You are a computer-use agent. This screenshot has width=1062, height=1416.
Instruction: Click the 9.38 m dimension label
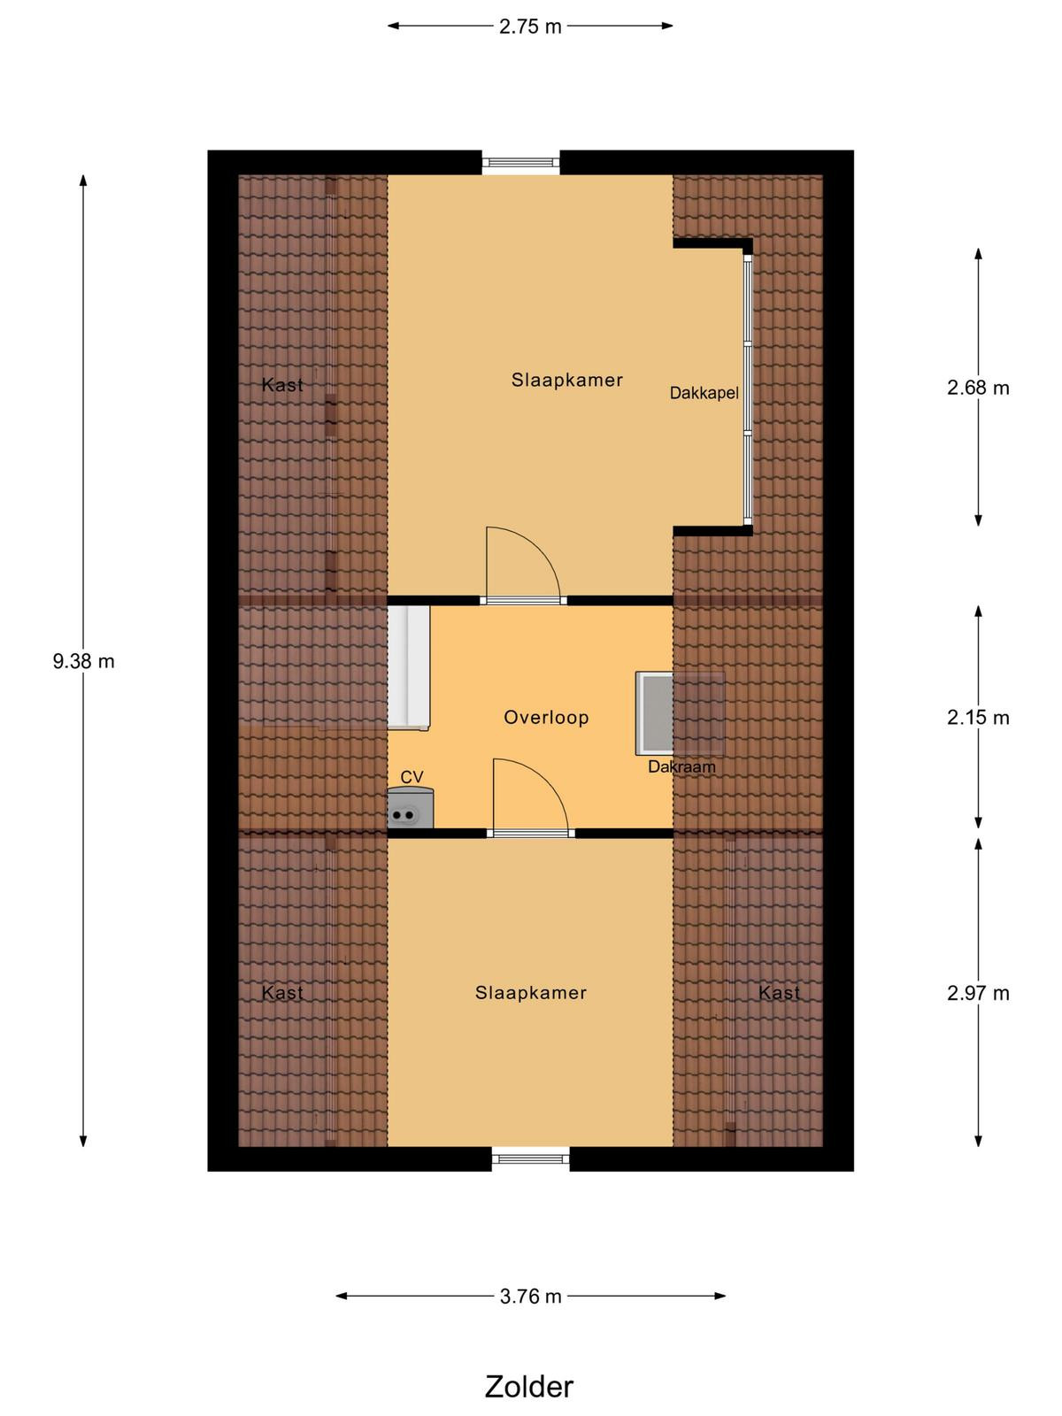point(83,661)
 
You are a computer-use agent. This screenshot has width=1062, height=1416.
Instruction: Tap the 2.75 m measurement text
point(530,27)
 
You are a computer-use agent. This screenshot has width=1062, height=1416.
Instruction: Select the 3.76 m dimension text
point(530,1296)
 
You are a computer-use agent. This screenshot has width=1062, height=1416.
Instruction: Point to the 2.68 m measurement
point(978,387)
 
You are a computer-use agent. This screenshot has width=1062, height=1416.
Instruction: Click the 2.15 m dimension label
point(978,718)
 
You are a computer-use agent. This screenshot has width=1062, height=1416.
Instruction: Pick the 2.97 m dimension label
point(978,993)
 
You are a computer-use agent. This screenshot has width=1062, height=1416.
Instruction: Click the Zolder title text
point(528,1386)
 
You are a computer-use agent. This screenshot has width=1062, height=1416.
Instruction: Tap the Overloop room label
point(546,718)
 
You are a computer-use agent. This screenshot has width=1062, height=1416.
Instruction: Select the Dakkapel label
point(704,393)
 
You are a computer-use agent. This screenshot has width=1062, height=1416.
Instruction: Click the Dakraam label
point(681,767)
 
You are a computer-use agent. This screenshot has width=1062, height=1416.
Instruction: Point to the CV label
point(412,777)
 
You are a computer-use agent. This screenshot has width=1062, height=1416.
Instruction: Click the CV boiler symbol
point(410,808)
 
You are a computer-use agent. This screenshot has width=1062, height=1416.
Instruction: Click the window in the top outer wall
point(521,163)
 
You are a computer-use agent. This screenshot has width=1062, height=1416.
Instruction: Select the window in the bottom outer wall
point(531,1158)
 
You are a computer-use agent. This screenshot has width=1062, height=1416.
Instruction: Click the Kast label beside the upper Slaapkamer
point(282,385)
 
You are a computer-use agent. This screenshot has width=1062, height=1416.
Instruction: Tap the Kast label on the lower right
point(779,993)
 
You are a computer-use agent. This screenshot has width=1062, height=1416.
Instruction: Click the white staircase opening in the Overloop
point(408,667)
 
